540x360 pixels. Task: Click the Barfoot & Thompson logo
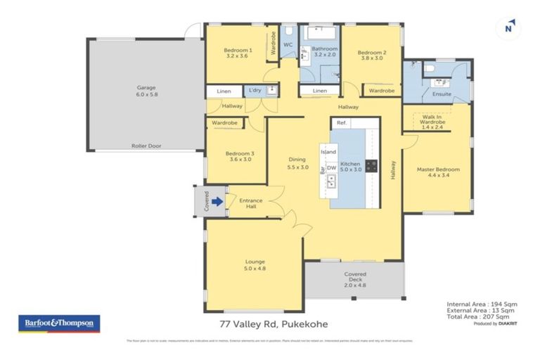tap(58, 323)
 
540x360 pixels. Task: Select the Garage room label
tap(146, 91)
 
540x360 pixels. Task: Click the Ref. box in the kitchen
tap(342, 123)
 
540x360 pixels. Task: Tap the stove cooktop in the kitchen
tap(371, 167)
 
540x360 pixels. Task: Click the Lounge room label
tap(255, 264)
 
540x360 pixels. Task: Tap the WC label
tap(288, 45)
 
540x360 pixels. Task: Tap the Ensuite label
tap(442, 94)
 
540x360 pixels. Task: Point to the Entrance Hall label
tap(251, 204)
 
